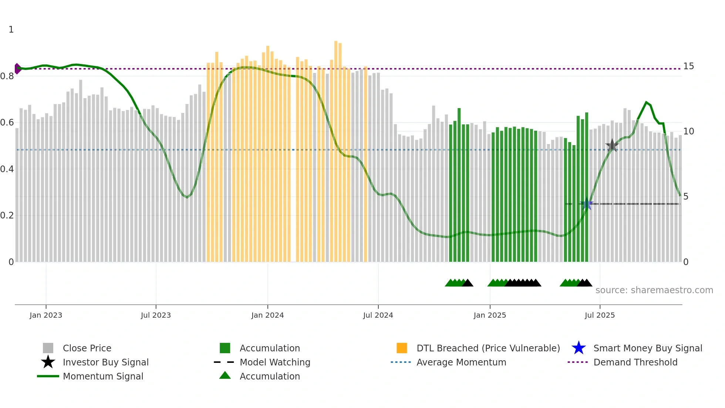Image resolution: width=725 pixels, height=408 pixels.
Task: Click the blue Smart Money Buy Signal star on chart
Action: click(586, 204)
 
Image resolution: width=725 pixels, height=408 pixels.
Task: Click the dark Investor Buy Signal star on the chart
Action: click(612, 146)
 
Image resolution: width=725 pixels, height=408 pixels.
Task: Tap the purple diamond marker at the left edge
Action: click(17, 68)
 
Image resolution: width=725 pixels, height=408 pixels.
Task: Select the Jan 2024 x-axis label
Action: click(267, 315)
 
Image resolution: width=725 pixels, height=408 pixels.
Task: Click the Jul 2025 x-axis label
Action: click(600, 315)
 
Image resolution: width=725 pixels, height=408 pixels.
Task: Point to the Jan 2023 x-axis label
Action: click(46, 315)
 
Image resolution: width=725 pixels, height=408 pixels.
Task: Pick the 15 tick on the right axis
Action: click(688, 66)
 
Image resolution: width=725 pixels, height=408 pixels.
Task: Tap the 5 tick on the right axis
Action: click(686, 197)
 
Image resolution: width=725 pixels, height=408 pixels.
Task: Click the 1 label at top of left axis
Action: click(11, 30)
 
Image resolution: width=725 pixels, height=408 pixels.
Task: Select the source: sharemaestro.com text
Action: click(654, 290)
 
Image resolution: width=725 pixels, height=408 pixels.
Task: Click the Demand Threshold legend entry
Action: click(635, 362)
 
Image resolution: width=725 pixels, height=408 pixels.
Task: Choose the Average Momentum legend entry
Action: click(461, 362)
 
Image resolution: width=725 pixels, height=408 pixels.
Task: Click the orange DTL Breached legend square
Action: click(402, 348)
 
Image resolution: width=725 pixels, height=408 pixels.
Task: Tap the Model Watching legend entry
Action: click(274, 362)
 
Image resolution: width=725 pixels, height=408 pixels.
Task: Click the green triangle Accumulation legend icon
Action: click(225, 376)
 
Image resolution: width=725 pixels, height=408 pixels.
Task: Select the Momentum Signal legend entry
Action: click(103, 377)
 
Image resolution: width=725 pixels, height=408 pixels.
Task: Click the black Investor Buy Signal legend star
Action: click(48, 362)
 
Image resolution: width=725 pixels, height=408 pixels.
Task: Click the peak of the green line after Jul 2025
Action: click(646, 102)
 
